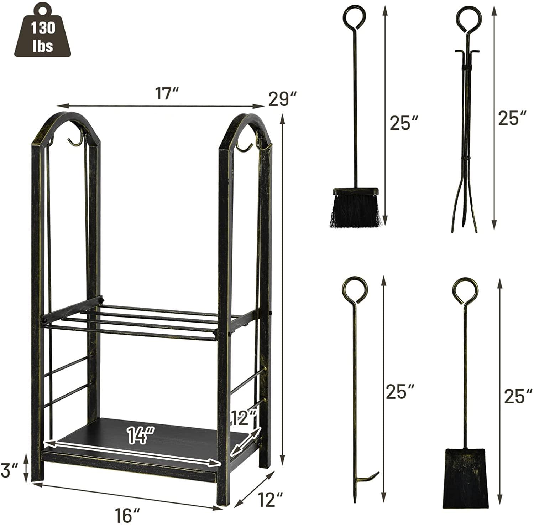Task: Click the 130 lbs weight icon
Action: tap(42, 33)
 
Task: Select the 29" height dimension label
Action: tap(283, 99)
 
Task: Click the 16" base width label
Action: tap(127, 515)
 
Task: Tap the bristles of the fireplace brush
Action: tap(355, 212)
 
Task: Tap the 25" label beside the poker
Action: tap(400, 391)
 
